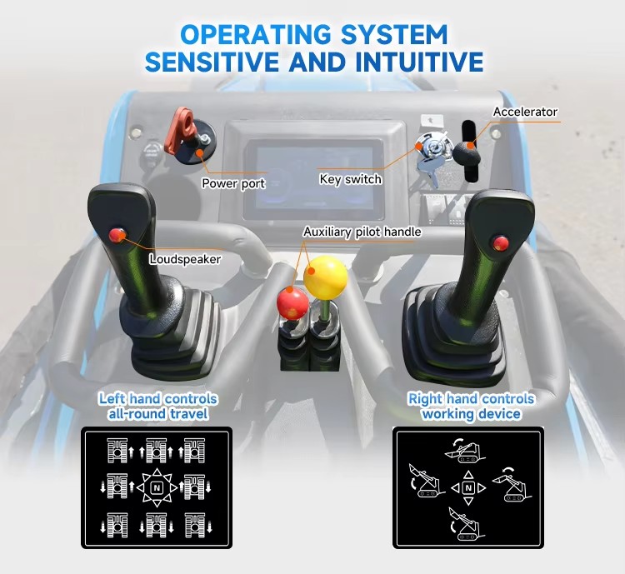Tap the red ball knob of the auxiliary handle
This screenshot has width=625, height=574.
(292, 303)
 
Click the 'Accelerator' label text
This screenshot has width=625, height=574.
(525, 112)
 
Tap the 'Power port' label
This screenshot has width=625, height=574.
(233, 183)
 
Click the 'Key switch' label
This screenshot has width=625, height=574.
(350, 179)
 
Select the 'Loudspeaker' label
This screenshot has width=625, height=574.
(185, 259)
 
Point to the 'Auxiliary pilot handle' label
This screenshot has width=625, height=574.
(362, 232)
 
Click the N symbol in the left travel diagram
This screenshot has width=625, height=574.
(157, 487)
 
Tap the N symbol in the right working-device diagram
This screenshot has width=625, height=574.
(468, 487)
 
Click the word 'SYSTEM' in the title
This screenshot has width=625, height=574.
(394, 35)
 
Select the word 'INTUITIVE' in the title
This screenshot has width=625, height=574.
(418, 62)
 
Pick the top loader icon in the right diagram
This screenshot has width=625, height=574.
(465, 451)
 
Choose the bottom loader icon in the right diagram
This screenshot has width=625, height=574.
(466, 524)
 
